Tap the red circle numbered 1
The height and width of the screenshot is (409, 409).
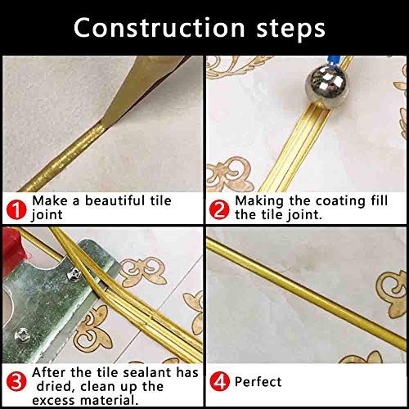(16, 207)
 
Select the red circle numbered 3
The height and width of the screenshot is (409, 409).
(16, 381)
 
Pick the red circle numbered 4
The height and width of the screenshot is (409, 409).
(219, 381)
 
